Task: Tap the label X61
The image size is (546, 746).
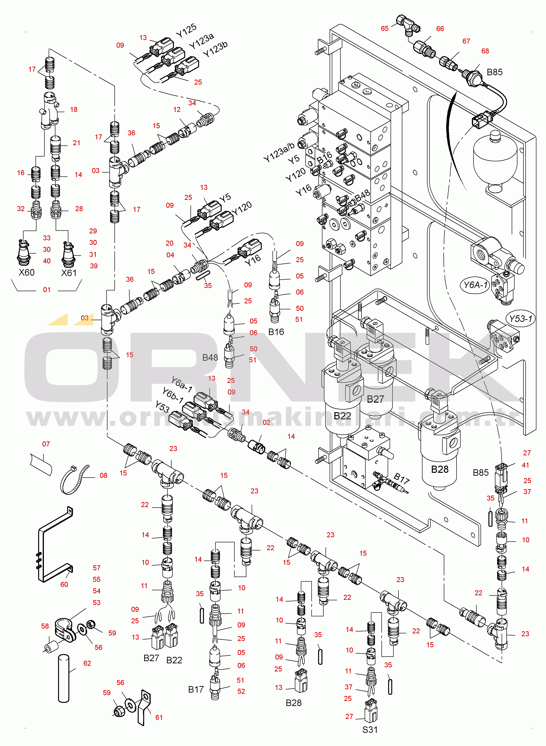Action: tap(69, 273)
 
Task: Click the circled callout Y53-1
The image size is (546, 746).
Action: tap(521, 318)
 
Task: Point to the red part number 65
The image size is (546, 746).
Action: tap(385, 28)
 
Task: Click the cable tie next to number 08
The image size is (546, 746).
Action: tap(74, 480)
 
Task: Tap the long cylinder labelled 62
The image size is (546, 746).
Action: tap(64, 678)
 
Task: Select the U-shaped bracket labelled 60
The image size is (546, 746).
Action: tap(54, 545)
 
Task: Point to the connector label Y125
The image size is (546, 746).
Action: tap(186, 30)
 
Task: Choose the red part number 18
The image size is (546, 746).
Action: tap(74, 110)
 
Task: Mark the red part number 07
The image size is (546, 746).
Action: tap(46, 444)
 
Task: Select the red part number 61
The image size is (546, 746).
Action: tap(159, 717)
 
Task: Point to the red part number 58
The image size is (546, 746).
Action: tap(45, 626)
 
